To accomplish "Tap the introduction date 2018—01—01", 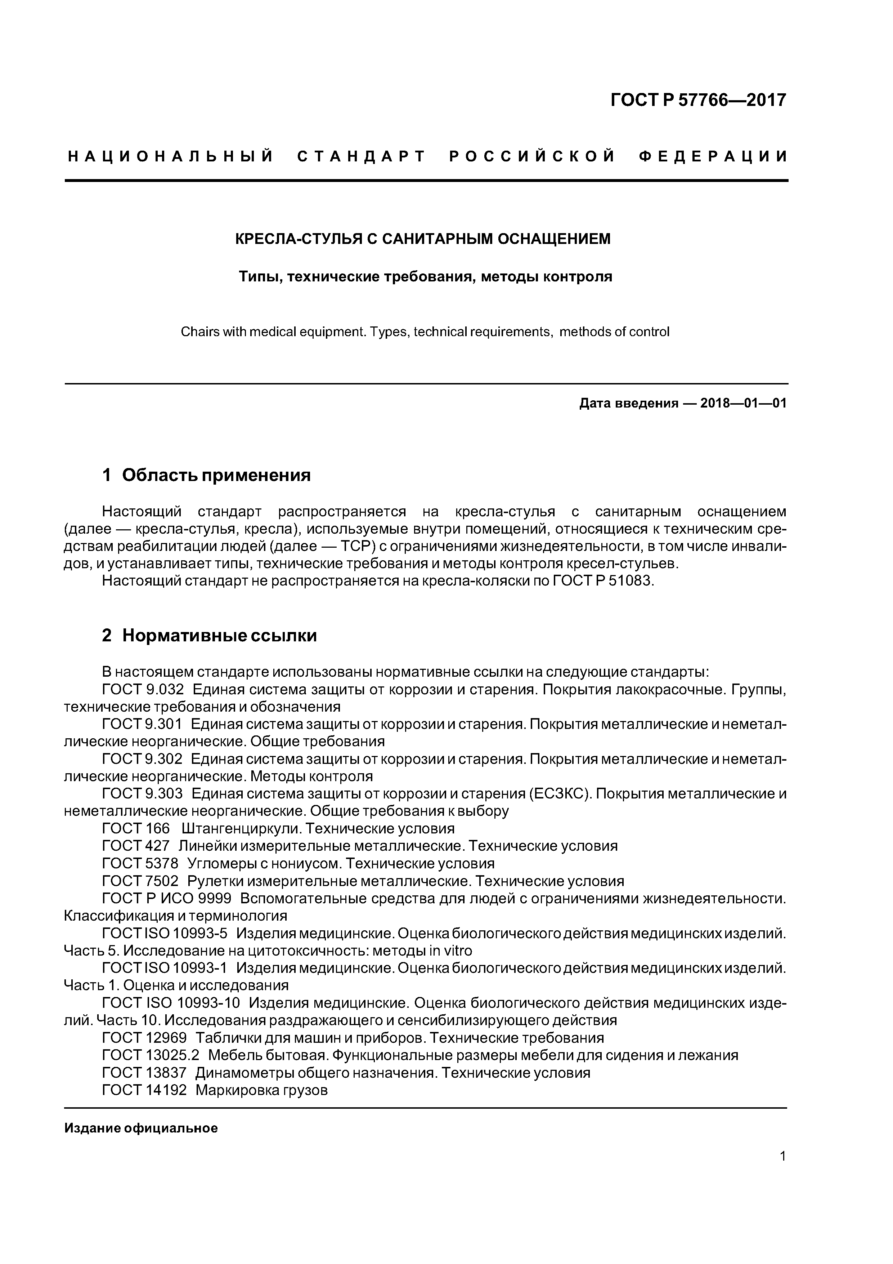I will coord(743,404).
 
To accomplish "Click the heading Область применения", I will coord(216,475).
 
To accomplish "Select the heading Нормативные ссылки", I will coord(220,636).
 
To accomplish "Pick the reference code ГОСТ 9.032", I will coord(143,689).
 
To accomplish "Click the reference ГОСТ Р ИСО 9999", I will coord(167,898).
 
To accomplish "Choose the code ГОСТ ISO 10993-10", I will coord(171,1003).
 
